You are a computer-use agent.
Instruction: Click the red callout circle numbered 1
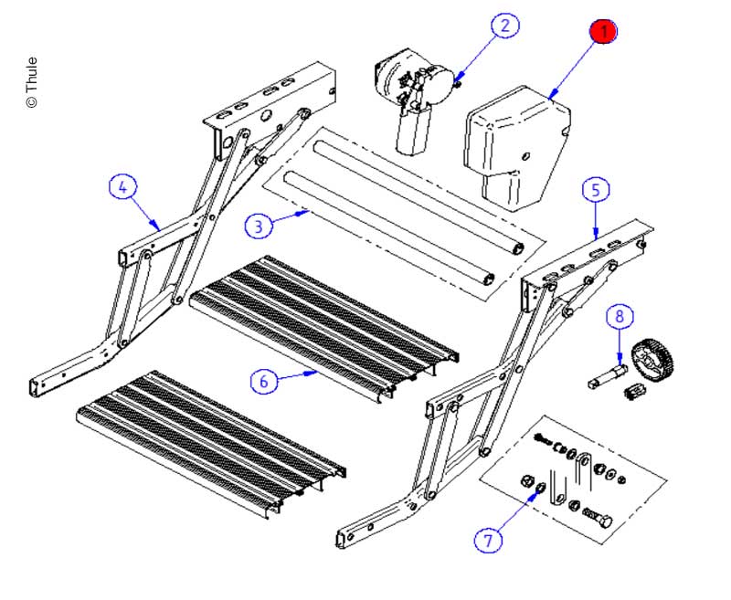tap(603, 32)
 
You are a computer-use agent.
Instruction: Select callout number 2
tap(504, 26)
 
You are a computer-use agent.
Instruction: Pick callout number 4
tap(123, 187)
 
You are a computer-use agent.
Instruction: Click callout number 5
tap(596, 190)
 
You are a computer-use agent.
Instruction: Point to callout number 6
tap(264, 381)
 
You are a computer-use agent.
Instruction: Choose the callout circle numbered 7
tap(488, 541)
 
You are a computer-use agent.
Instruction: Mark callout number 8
tap(620, 317)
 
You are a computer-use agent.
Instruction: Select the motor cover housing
tap(516, 146)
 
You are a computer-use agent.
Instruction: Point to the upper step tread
tap(320, 320)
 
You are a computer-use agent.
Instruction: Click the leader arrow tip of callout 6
tap(318, 372)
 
